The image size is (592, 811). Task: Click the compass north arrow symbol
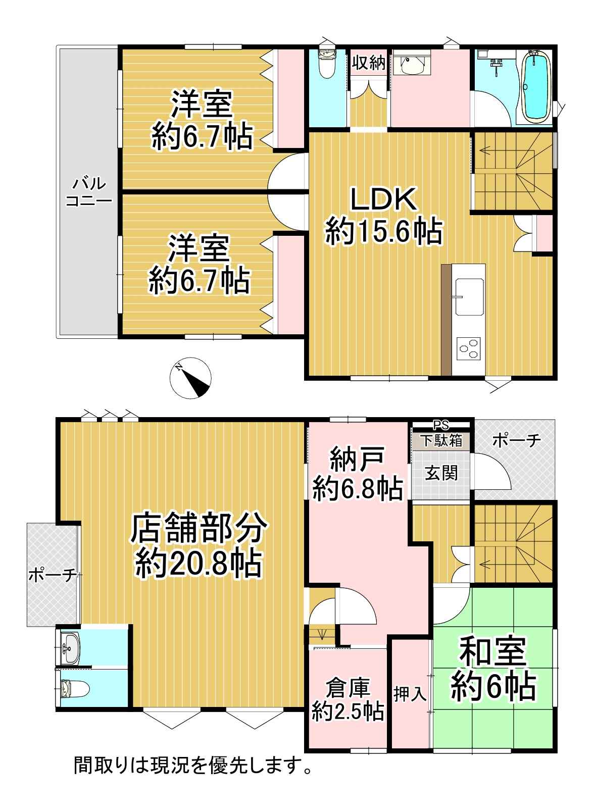click(190, 378)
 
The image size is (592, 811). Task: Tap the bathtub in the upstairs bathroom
click(536, 86)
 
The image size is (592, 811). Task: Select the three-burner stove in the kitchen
click(469, 348)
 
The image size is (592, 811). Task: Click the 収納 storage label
click(369, 63)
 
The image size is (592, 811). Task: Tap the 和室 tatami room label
click(492, 652)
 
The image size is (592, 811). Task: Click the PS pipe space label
click(441, 425)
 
